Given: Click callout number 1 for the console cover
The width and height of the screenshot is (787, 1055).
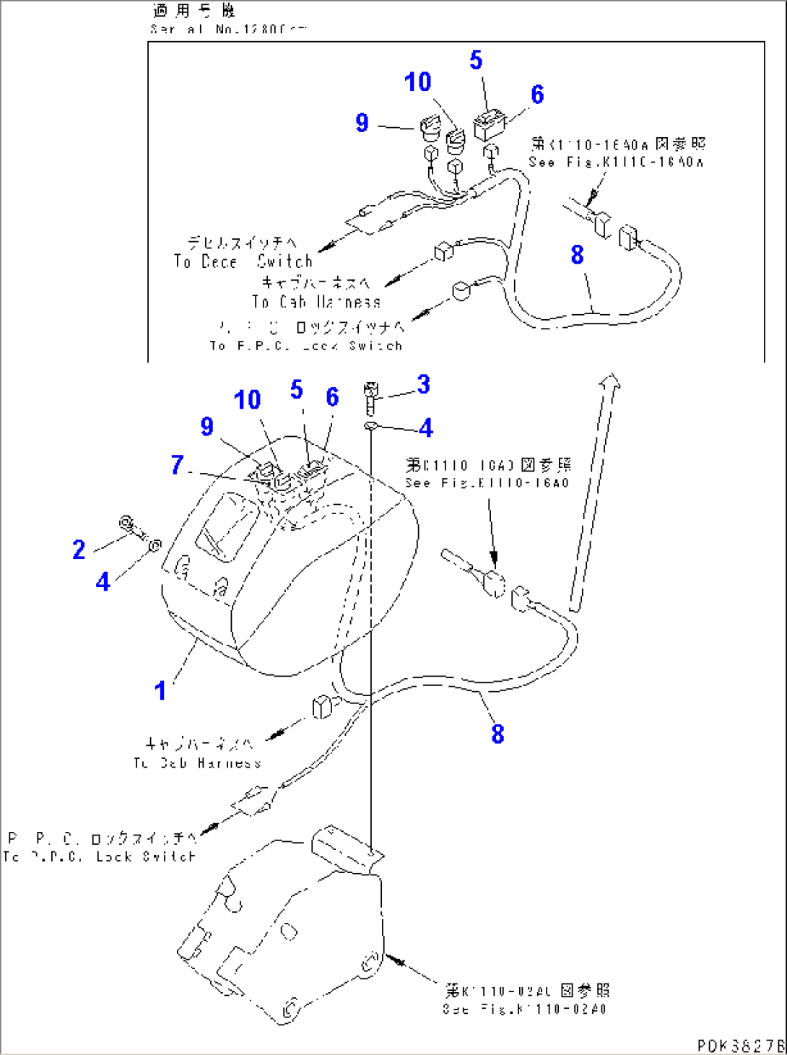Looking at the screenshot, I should pyautogui.click(x=160, y=690).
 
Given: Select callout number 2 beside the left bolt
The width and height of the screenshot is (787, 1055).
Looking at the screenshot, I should pyautogui.click(x=79, y=550).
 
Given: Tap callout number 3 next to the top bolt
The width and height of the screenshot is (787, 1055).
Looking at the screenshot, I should pyautogui.click(x=423, y=385).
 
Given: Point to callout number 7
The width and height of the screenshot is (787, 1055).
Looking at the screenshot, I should pyautogui.click(x=177, y=464).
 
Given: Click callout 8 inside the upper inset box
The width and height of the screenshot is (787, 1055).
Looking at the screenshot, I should pyautogui.click(x=577, y=254).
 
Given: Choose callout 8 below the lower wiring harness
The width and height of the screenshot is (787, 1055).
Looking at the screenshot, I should pyautogui.click(x=497, y=734).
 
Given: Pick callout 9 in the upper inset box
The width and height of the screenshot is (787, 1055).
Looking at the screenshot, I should pyautogui.click(x=362, y=123).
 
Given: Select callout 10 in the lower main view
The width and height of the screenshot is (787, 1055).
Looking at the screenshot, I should pyautogui.click(x=247, y=399).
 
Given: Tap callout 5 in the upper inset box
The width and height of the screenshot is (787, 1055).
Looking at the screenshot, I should pyautogui.click(x=476, y=60).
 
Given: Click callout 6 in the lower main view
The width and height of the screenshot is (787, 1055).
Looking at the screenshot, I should pyautogui.click(x=332, y=396).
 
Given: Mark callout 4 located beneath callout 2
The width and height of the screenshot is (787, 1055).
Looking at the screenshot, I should pyautogui.click(x=103, y=581).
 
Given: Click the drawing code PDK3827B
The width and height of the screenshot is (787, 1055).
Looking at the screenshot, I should pyautogui.click(x=740, y=1045).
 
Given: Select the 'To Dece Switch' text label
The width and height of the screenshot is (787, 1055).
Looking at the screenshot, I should pyautogui.click(x=243, y=261).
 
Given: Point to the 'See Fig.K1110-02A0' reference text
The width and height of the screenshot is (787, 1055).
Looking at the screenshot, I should pyautogui.click(x=524, y=1009).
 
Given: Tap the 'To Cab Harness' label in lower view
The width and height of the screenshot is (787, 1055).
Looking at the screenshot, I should pyautogui.click(x=197, y=763).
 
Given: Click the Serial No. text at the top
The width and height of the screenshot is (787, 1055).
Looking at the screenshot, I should pyautogui.click(x=227, y=29).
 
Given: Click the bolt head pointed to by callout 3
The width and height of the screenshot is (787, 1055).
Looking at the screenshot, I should pyautogui.click(x=371, y=391).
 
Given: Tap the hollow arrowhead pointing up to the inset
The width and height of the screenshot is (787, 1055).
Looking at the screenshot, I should pyautogui.click(x=611, y=381).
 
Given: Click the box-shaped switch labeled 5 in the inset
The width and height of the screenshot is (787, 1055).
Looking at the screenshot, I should pyautogui.click(x=490, y=125).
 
